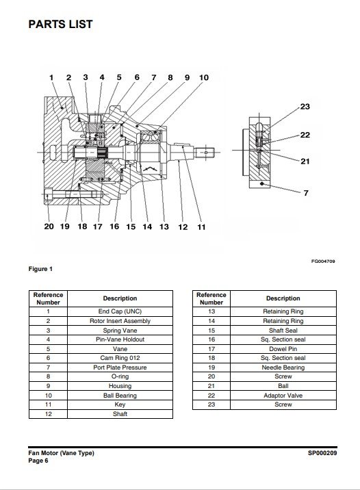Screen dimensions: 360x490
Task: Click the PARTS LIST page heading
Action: [61, 24]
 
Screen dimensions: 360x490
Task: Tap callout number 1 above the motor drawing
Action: [51, 77]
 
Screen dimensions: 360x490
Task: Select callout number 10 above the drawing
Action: [204, 77]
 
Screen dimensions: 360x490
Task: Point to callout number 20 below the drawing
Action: [49, 227]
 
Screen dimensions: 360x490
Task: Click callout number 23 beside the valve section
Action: [305, 107]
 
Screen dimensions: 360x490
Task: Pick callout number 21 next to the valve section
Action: [305, 162]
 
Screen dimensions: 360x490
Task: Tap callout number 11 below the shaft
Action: [202, 227]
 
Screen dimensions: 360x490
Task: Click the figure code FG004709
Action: [323, 261]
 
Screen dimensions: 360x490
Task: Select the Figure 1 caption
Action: [40, 269]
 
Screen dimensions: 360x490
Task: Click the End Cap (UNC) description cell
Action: [120, 311]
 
